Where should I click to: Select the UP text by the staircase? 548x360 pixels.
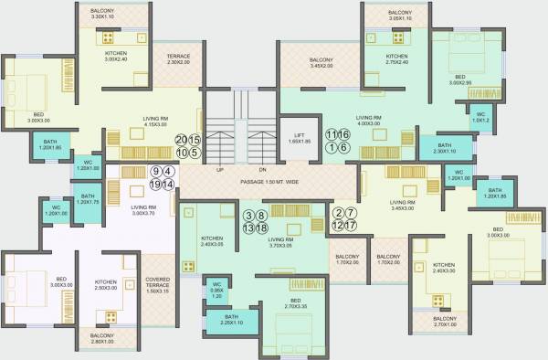pos(220,170)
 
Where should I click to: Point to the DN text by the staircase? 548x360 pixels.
pos(262,170)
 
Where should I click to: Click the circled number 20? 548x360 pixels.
pos(182,139)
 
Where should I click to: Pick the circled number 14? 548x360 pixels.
pos(168,185)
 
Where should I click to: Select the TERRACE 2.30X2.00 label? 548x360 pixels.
pos(179,59)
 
